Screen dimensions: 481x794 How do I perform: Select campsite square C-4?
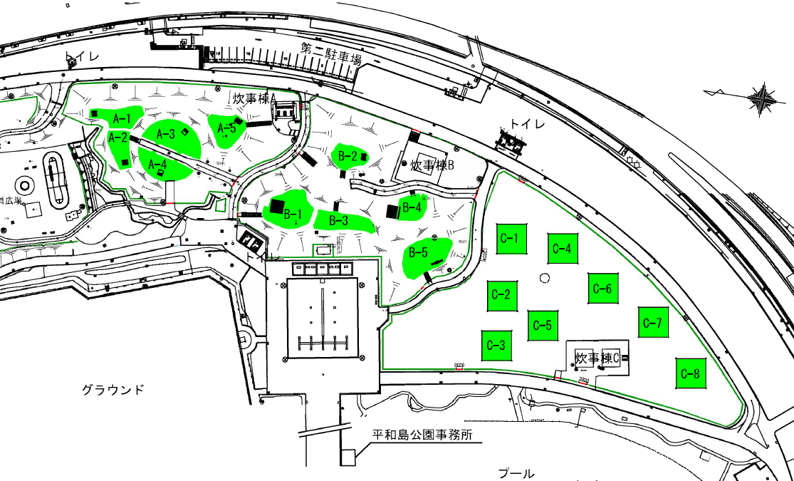point(563,248)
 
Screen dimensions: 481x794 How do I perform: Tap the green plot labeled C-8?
point(691,373)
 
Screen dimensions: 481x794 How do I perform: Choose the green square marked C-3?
point(496,346)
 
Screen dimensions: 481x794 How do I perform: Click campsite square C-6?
point(602,289)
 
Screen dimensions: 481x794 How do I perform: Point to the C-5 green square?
point(543,326)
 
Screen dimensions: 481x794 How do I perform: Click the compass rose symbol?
point(761,97)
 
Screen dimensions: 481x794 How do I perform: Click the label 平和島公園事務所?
point(422,435)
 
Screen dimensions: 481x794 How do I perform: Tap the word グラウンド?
point(113,390)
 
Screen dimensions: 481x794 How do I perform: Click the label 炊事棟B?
point(432,165)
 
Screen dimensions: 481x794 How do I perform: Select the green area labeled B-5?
point(425,257)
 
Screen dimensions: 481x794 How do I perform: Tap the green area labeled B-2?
point(350,155)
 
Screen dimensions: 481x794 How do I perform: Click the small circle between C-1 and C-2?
point(545,277)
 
